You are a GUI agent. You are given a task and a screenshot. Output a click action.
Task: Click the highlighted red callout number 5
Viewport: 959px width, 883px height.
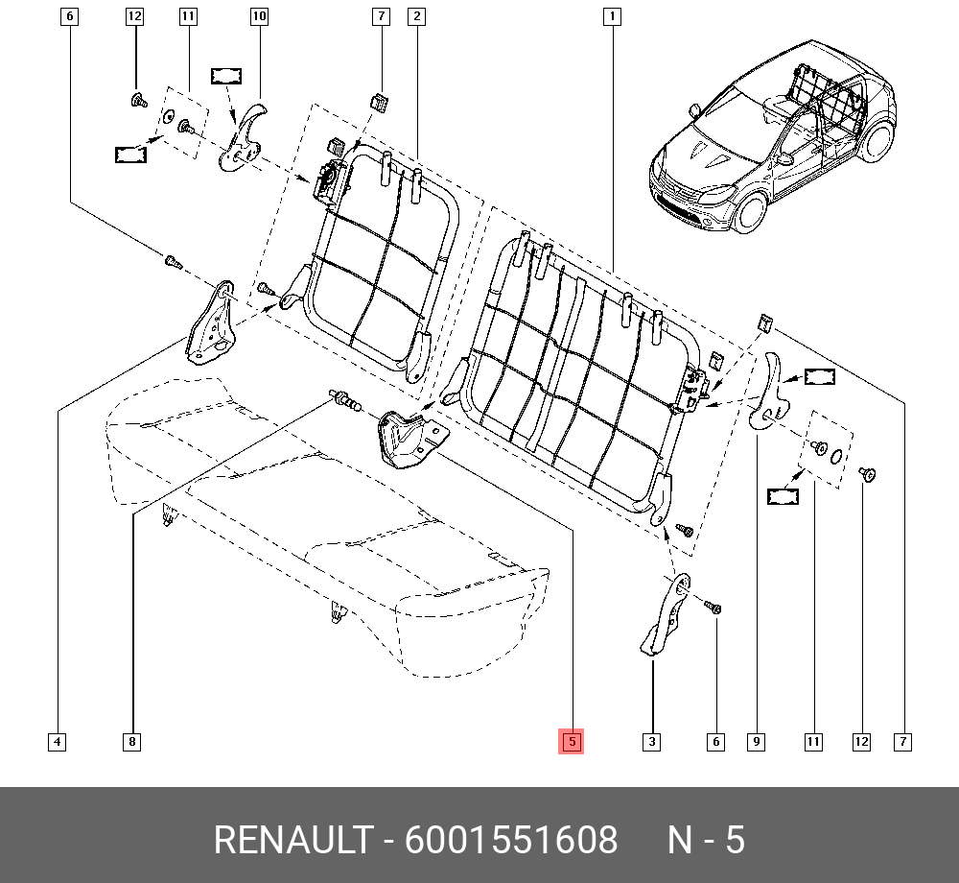(572, 742)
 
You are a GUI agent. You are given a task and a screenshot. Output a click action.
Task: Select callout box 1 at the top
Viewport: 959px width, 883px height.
(612, 16)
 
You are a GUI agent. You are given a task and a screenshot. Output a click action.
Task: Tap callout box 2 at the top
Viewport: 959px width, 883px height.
(416, 16)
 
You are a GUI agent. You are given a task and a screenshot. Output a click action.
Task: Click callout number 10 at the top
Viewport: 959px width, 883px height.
(259, 16)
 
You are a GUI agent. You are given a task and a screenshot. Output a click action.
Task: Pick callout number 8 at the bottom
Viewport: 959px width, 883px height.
(132, 742)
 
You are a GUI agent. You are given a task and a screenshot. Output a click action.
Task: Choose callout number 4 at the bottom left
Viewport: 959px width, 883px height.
(57, 742)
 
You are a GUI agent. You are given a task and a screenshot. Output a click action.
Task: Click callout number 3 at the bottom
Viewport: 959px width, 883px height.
(652, 742)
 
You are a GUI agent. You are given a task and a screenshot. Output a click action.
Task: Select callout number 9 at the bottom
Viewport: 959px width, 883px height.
(757, 742)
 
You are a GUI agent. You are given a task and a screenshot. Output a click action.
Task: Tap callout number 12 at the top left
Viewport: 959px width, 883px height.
(134, 16)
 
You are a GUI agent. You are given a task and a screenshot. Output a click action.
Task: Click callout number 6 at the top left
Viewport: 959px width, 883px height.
(70, 16)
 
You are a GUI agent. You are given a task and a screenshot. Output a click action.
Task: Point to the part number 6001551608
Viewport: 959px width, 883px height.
(511, 840)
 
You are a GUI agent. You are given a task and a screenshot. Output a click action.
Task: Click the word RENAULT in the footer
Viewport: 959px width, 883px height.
(292, 840)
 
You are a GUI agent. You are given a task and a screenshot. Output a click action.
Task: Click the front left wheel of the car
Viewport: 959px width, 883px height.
(750, 212)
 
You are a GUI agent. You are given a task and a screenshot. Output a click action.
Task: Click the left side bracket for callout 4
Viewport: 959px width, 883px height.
(212, 324)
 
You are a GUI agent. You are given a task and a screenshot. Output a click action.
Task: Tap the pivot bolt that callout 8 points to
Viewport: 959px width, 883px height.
(345, 399)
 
